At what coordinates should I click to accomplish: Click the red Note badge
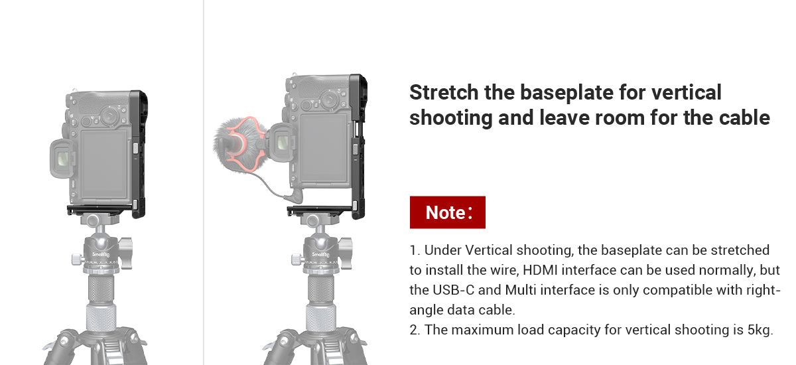pos(447,212)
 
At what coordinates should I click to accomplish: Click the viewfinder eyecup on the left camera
pos(61,159)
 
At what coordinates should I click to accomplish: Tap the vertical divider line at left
pos(203,183)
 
